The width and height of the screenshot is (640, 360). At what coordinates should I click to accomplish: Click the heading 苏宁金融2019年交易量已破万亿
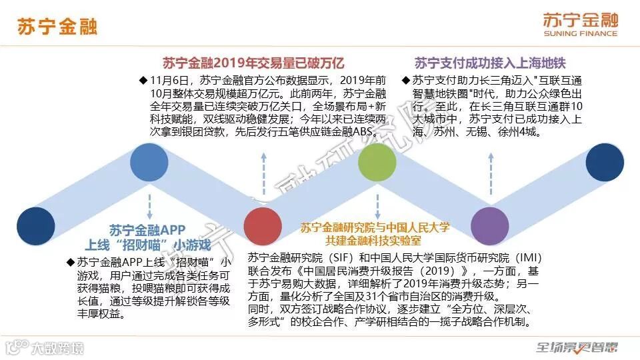(253, 63)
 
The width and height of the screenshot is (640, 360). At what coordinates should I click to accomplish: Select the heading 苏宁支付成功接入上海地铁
(490, 63)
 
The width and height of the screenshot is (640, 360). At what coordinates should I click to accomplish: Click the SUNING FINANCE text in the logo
(580, 33)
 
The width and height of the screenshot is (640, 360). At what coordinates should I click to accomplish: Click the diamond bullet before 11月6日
(143, 80)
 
